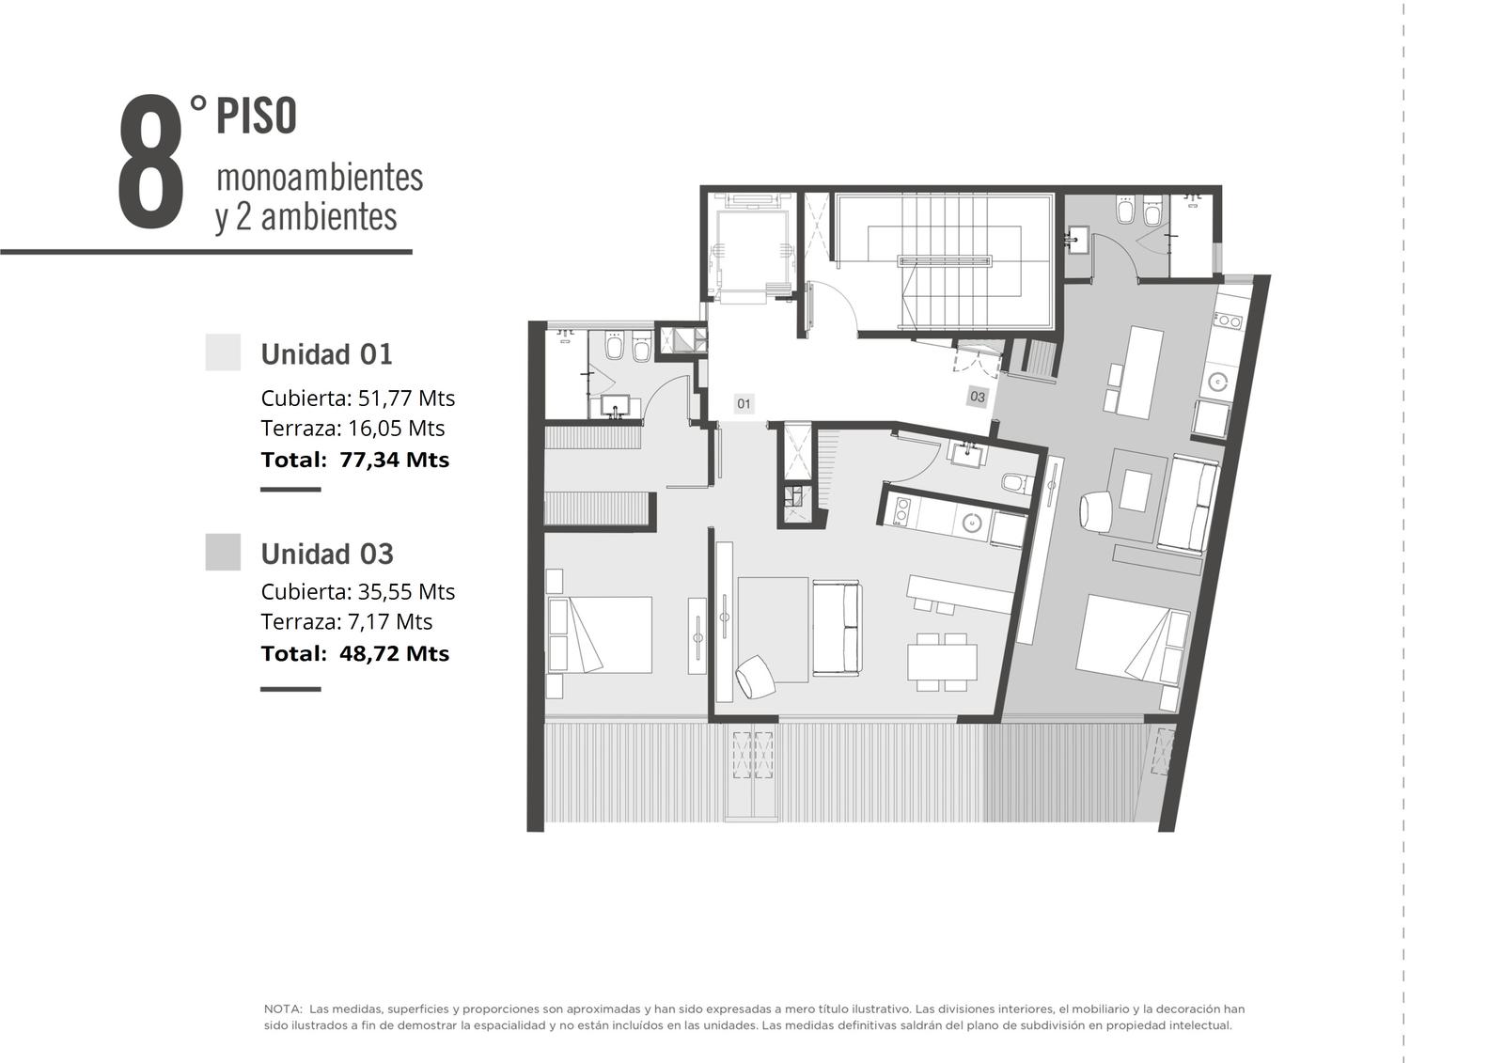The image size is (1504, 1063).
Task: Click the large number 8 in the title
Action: tap(150, 162)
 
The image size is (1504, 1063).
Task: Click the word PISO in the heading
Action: tap(256, 117)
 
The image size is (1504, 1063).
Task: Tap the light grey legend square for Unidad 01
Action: tap(223, 352)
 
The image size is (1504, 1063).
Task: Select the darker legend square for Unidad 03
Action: tap(223, 552)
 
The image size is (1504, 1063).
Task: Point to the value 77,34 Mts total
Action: tap(394, 460)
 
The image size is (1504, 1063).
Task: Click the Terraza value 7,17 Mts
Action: tap(389, 622)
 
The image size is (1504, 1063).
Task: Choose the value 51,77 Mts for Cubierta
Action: tap(406, 399)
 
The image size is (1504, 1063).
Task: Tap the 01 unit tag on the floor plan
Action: tap(744, 403)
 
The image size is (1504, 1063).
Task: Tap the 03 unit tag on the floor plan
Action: tap(978, 397)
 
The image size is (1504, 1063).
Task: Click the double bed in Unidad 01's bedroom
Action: tap(600, 634)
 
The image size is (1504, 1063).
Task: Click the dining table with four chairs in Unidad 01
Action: tap(942, 662)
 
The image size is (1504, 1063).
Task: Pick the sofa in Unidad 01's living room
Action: tap(837, 628)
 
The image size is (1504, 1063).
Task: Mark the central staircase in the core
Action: tap(944, 262)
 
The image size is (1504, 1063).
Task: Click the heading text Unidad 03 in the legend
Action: tap(327, 554)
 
